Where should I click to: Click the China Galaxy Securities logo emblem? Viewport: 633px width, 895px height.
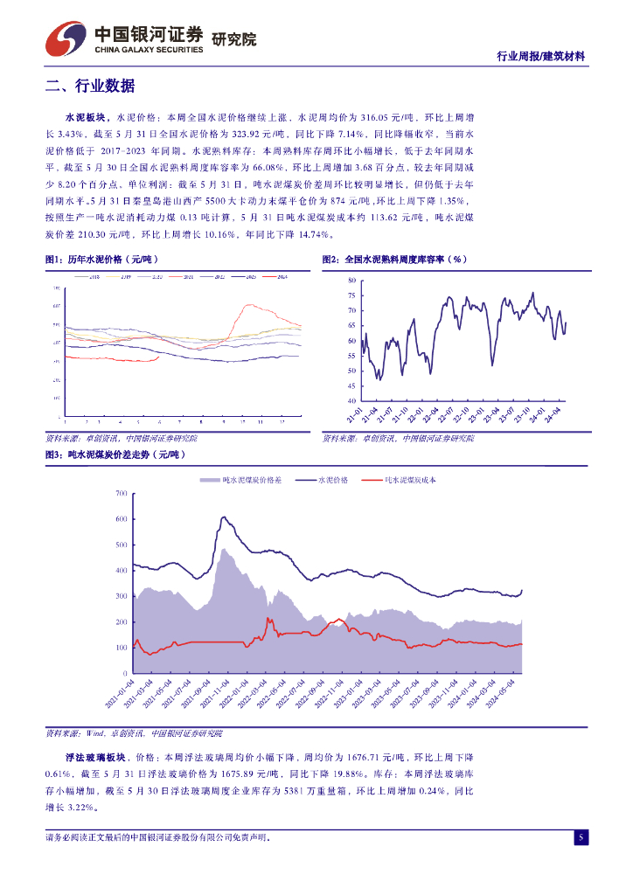pos(66,38)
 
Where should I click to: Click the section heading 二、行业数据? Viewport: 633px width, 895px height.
pos(90,86)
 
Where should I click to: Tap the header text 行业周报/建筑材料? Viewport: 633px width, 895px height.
pos(540,56)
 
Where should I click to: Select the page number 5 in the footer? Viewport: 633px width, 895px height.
pos(580,838)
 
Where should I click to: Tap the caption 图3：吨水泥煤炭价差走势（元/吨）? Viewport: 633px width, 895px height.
pos(115,455)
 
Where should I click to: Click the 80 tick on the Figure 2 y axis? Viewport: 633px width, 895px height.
pos(351,281)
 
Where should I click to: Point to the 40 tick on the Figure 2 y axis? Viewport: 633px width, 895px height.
pos(351,401)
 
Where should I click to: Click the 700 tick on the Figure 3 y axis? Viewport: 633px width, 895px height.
pos(122,495)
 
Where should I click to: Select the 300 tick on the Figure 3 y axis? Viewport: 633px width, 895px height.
pos(122,597)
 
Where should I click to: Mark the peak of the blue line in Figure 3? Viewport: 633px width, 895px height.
pos(225,517)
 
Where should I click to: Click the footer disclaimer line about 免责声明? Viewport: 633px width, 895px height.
pos(157,837)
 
